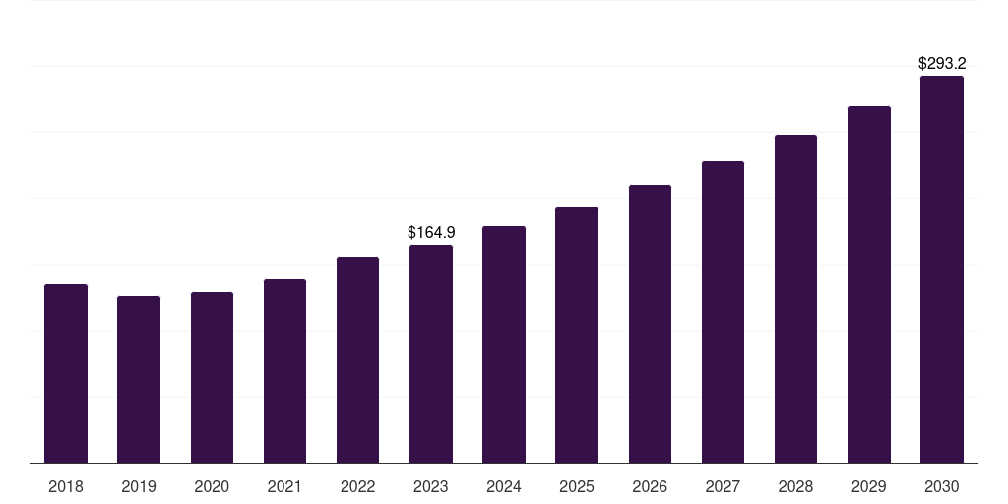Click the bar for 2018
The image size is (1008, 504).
pyautogui.click(x=66, y=373)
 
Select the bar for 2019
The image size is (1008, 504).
pyautogui.click(x=139, y=379)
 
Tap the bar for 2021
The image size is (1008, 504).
pyautogui.click(x=284, y=370)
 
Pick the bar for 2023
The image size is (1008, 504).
pyautogui.click(x=431, y=353)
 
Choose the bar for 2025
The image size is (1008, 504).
pyautogui.click(x=577, y=335)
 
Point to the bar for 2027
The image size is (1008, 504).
pyautogui.click(x=723, y=312)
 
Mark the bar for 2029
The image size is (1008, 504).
pyautogui.click(x=869, y=284)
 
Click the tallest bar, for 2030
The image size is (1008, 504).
pyautogui.click(x=942, y=270)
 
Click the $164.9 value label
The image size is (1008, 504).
pyautogui.click(x=431, y=232)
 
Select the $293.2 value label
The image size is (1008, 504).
pyautogui.click(x=942, y=63)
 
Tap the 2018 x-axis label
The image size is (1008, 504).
pyautogui.click(x=66, y=486)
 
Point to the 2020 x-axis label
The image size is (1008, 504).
pyautogui.click(x=212, y=486)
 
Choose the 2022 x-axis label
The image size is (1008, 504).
pyautogui.click(x=357, y=486)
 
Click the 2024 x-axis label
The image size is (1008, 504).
pyautogui.click(x=503, y=486)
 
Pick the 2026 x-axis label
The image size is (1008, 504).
pyautogui.click(x=650, y=486)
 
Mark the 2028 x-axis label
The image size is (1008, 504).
pyautogui.click(x=795, y=486)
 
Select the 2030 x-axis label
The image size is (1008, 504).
pyautogui.click(x=942, y=486)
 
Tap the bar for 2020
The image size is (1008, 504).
pyautogui.click(x=213, y=377)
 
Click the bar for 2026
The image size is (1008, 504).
pyautogui.click(x=650, y=324)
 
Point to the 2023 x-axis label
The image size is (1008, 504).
pyautogui.click(x=431, y=486)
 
